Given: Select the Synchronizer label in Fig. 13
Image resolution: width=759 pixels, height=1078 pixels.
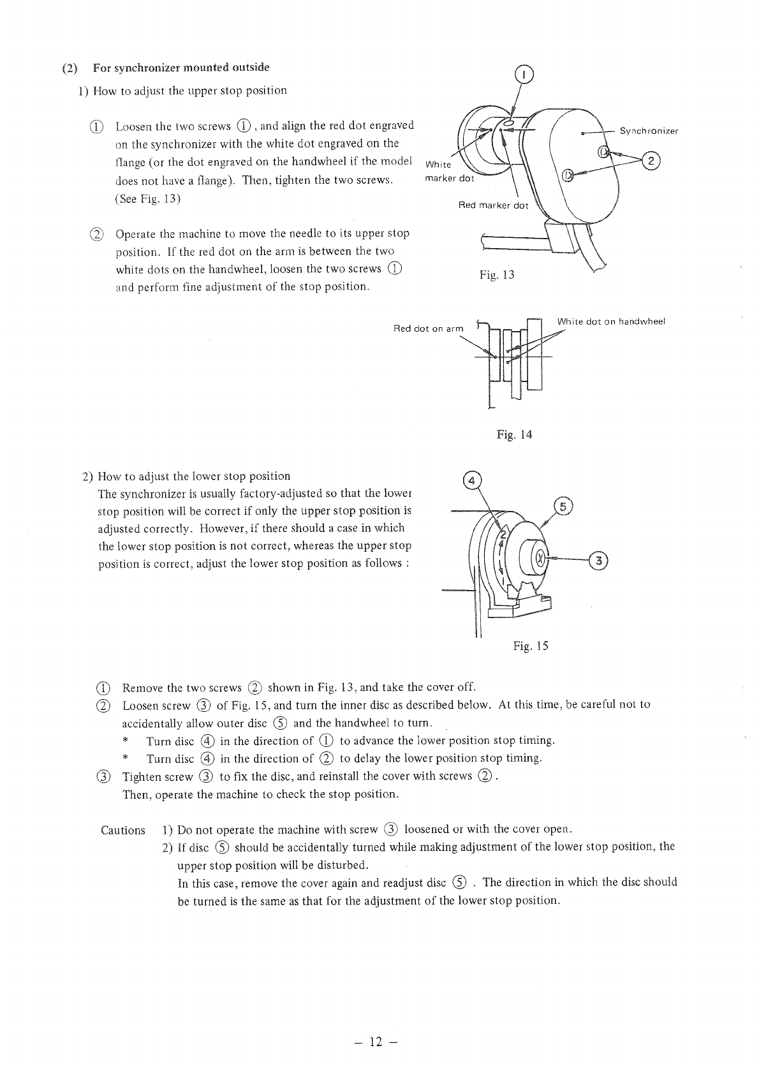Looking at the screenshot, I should pos(649,131).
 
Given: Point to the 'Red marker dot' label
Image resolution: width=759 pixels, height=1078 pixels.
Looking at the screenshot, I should pos(493,205).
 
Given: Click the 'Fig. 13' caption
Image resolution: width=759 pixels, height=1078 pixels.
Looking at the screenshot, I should pos(497,275).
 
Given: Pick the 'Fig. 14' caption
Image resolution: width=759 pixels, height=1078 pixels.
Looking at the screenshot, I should pos(514,435).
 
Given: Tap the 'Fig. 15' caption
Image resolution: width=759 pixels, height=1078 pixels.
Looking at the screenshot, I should pos(531,646).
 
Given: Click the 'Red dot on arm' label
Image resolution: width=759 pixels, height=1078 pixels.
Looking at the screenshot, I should pos(429,329).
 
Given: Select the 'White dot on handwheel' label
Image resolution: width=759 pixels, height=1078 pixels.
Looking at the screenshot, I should pos(611,321).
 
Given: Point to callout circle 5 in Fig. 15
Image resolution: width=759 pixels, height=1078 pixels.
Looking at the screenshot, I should pos(563,506).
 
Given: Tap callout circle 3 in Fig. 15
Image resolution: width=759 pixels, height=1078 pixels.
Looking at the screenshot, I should pos(599,561).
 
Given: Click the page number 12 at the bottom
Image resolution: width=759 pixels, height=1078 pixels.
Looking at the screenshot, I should pos(376,1042).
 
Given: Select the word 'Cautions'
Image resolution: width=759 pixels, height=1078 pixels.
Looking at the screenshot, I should pos(123,830).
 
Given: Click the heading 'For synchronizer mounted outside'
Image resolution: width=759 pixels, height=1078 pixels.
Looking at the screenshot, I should pos(181,68).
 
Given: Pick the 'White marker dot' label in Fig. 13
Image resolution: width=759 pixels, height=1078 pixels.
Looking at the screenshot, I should pos(449,172).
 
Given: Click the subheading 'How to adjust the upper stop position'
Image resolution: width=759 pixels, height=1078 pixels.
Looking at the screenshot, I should pos(189,91).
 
